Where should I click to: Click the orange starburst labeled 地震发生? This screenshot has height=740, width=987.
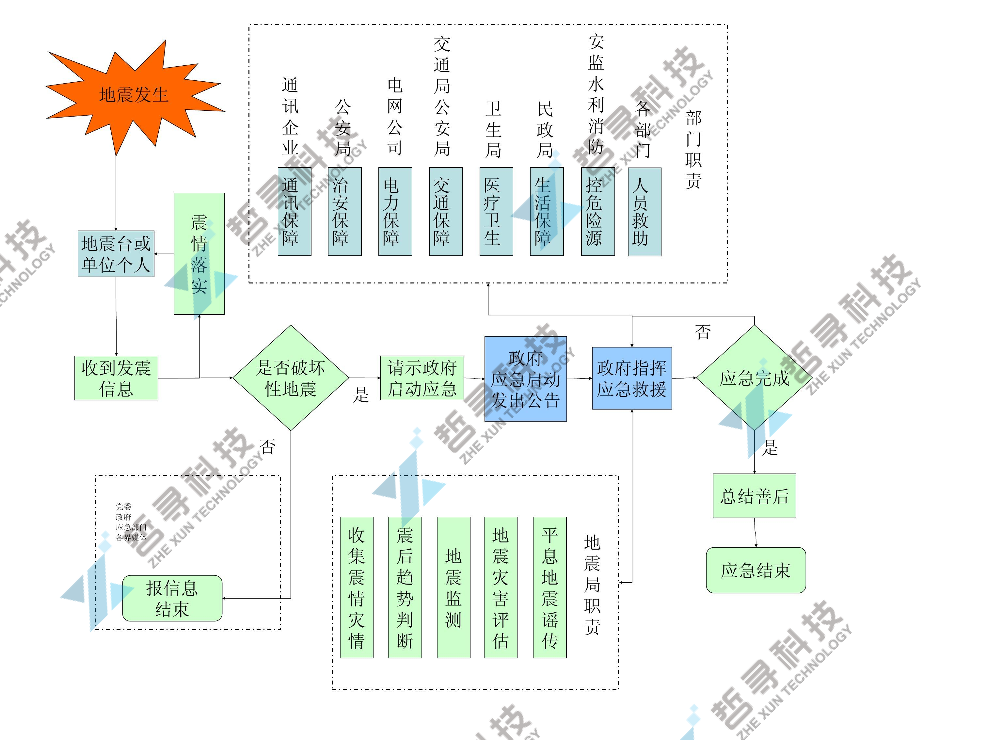134,95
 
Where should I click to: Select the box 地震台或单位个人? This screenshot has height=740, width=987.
116,254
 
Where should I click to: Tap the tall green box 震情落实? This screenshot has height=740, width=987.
199,254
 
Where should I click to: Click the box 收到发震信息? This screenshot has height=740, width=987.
116,378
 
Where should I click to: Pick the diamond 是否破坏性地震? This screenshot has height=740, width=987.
291,378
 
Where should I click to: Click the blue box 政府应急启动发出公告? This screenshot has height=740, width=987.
525,379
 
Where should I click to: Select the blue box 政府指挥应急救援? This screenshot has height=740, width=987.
631,378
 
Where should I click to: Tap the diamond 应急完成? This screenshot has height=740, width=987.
754,378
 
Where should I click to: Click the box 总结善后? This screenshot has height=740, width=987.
754,496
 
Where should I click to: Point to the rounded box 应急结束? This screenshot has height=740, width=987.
756,570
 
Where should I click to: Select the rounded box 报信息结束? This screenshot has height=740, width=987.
172,598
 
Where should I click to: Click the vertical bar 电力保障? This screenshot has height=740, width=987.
395,212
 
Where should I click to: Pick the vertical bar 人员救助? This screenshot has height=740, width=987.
644,212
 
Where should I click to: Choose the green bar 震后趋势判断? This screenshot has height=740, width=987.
405,587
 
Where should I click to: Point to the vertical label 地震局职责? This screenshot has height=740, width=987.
592,585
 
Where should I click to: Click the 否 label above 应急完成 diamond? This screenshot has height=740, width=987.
703,331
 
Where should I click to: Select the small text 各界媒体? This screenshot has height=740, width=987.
131,538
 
